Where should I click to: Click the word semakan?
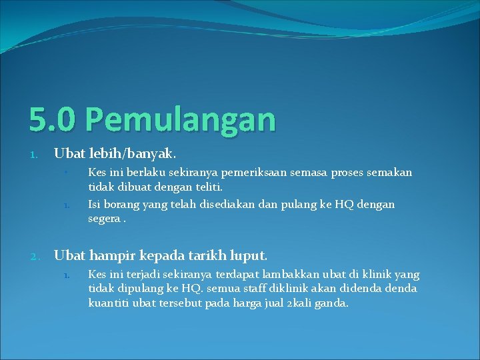pos(389,173)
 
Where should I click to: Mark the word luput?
pos(249,255)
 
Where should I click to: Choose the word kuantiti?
pos(107,303)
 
